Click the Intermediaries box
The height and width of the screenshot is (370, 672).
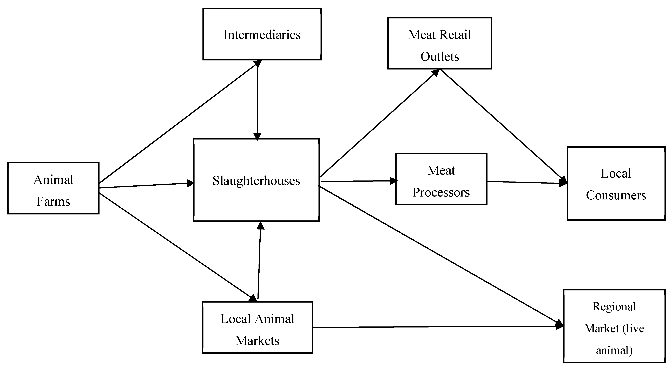tap(262, 34)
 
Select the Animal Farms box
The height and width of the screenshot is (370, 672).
tap(53, 188)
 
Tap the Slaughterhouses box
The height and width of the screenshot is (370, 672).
tap(256, 180)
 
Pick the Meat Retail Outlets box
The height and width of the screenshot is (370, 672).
tap(440, 43)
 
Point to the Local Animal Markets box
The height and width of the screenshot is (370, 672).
tap(257, 327)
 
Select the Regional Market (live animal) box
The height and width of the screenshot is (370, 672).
tap(614, 326)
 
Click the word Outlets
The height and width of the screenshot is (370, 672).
tap(440, 57)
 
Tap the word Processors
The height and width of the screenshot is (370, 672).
tap(441, 193)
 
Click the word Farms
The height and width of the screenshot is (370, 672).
tap(53, 201)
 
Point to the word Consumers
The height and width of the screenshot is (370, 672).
tap(616, 195)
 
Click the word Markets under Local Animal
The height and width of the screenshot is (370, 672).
tap(257, 341)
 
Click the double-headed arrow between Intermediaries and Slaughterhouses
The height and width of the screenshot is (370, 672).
tap(257, 100)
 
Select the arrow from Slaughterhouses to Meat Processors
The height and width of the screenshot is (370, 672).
tap(357, 181)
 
